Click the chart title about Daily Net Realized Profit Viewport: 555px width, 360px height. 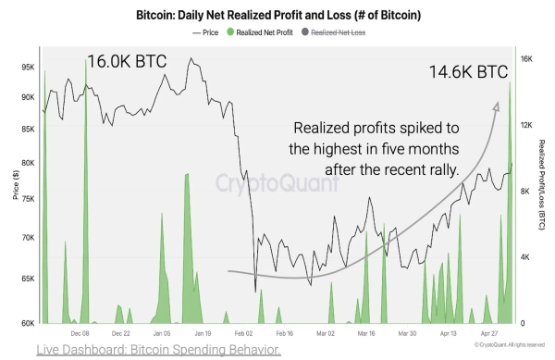pos(278,15)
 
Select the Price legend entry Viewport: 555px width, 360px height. pos(205,32)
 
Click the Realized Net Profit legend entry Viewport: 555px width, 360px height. pos(260,32)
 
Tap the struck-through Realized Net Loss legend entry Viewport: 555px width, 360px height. pos(333,32)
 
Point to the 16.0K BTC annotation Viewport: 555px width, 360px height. pos(127,61)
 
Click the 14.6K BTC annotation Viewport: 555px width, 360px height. pos(468,72)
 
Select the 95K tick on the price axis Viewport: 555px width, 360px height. pos(28,68)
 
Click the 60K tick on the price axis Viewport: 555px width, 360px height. pos(28,323)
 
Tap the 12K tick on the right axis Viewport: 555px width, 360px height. pos(526,125)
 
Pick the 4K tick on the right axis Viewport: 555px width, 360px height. pos(524,257)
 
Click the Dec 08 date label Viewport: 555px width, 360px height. pos(80,333)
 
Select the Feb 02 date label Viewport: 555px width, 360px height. pos(244,333)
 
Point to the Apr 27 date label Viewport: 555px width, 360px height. pos(489,333)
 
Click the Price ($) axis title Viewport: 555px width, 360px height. pos(16,185)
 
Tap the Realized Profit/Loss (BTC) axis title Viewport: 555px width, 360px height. pos(541,184)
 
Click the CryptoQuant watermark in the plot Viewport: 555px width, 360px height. pos(277,183)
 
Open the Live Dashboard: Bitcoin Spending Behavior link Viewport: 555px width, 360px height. pos(158,350)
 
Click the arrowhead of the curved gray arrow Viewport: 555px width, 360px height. pos(496,106)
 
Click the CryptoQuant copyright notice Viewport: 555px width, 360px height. pos(510,345)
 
